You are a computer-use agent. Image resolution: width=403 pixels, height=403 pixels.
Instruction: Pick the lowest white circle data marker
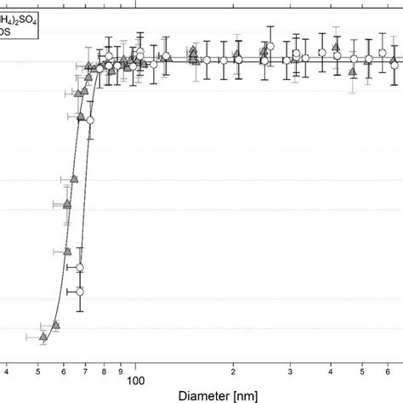point(80,292)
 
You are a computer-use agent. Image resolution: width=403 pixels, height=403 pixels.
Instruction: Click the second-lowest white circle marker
point(80,269)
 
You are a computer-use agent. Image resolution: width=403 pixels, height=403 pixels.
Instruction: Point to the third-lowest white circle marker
point(90,122)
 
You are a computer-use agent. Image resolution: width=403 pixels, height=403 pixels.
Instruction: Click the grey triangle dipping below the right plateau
point(352,71)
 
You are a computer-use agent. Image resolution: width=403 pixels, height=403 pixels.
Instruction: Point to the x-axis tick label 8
point(104,372)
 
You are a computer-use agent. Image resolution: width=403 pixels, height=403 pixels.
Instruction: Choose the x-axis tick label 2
point(233,372)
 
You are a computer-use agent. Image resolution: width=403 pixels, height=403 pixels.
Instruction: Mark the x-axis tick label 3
point(291,372)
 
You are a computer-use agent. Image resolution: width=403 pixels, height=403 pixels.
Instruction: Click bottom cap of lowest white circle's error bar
point(80,310)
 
